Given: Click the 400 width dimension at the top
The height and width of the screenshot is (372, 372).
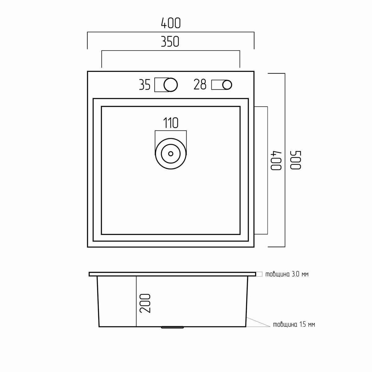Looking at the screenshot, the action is tap(170, 23).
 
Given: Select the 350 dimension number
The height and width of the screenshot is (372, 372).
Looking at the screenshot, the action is tap(170, 42).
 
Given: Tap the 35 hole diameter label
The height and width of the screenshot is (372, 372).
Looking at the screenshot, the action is tap(144, 85).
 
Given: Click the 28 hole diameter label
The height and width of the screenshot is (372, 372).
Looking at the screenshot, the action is tap(200, 84).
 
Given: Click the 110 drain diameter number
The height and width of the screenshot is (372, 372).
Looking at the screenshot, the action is tap(170, 123).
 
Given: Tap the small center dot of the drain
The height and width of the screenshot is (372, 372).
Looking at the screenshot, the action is tap(170, 154).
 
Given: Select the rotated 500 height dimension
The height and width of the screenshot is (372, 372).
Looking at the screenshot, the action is tap(295, 160).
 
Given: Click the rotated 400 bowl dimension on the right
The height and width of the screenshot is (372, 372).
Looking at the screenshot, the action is tap(277, 160).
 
